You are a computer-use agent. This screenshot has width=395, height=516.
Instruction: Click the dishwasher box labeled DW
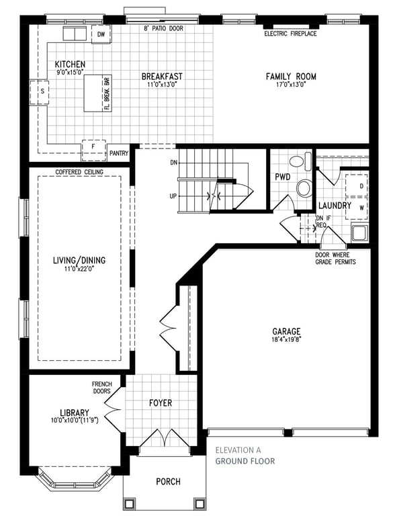101,34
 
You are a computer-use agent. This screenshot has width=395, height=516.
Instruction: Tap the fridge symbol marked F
94,150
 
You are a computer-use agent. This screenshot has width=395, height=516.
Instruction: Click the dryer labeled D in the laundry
357,185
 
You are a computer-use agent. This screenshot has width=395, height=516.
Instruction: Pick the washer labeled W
357,208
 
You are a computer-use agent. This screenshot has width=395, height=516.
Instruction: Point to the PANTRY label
119,153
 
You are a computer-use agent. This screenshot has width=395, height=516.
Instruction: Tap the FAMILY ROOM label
291,77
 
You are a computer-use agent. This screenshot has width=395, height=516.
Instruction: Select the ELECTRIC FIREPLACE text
290,34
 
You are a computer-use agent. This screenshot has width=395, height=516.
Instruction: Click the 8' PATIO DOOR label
163,29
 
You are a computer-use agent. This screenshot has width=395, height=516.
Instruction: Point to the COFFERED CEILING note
79,172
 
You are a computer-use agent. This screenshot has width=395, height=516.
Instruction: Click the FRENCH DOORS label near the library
102,388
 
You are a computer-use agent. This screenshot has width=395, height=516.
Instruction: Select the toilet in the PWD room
300,161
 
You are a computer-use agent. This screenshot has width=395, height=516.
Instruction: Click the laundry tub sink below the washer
359,232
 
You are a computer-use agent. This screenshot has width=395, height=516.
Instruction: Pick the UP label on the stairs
173,196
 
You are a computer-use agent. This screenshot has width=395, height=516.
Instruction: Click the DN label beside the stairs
173,163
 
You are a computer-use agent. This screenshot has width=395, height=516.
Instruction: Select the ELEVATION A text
238,450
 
